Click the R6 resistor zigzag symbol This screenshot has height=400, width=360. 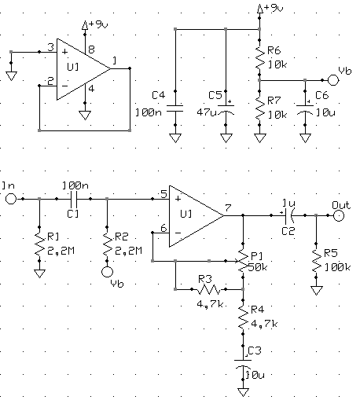coord(259,57)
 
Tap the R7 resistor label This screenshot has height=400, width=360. coord(274,101)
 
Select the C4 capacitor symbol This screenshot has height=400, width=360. coord(175,108)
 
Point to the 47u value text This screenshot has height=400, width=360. coord(207,112)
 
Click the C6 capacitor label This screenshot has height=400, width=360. coord(321,95)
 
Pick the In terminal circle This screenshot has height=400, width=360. coord(11,199)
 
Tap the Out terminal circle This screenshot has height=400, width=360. coord(339,215)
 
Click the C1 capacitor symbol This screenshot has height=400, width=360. coord(73,199)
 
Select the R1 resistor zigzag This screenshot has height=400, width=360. coord(39,244)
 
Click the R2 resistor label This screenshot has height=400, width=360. coord(122,237)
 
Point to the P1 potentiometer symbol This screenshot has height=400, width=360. coord(243,261)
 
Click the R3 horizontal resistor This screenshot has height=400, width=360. coord(209,289)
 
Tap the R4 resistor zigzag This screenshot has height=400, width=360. coord(243,317)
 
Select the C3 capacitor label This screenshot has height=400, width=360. coord(255,350)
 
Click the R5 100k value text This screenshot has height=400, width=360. coord(337,267)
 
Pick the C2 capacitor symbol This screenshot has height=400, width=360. coord(288,215)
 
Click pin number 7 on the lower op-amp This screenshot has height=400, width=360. coord(228,207)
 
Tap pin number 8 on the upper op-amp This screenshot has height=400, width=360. coord(91,50)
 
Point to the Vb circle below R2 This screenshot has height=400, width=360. coord(107,272)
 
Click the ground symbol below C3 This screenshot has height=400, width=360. coord(243,392)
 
